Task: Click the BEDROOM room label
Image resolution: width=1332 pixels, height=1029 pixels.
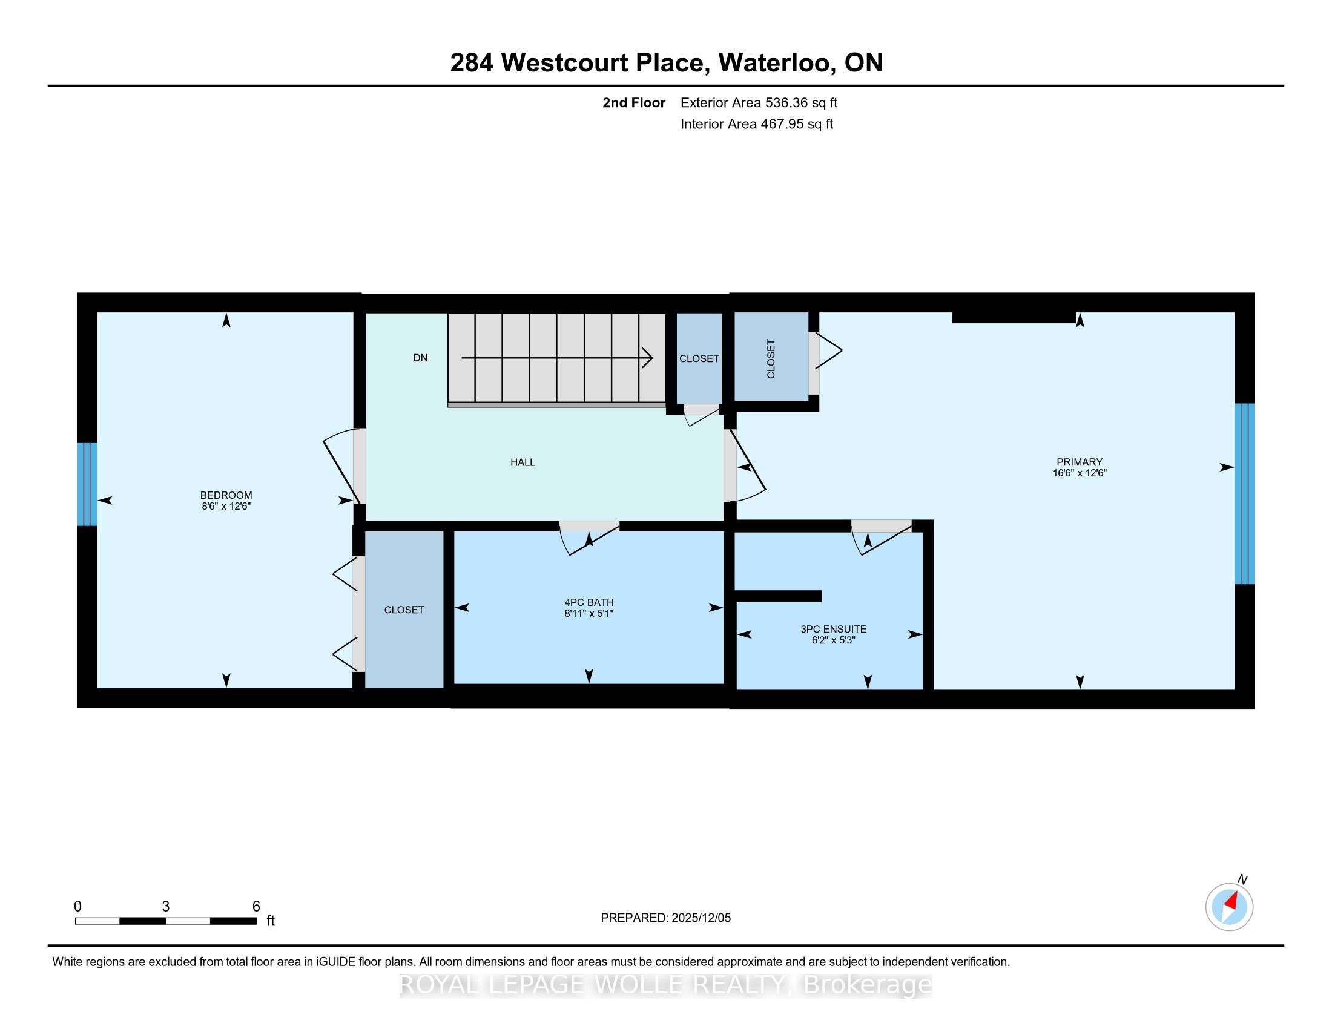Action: pos(226,495)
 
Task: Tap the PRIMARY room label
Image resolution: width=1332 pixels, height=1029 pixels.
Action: pos(1080,462)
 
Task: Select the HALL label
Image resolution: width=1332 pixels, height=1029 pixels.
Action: pos(523,462)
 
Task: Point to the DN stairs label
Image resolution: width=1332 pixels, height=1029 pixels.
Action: pos(420,358)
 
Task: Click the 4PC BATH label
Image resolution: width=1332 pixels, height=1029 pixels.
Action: pos(589,602)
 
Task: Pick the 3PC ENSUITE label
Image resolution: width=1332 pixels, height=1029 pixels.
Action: pos(833,629)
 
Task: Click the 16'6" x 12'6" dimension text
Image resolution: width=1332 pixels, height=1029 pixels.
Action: pos(1080,473)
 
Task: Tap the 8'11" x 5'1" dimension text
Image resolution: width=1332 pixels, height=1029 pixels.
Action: pos(589,613)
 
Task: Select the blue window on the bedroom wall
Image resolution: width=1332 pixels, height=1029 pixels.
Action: pos(87,484)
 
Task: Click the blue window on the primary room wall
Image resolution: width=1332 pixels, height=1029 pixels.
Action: pos(1244,494)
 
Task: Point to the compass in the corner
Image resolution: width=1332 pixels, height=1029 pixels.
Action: pos(1230,907)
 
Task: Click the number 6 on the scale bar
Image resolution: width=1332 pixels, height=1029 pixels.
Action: pos(256,906)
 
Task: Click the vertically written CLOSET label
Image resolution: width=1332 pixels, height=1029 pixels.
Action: pos(771,359)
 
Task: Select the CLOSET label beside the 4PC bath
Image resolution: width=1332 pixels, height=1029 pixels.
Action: pos(404,610)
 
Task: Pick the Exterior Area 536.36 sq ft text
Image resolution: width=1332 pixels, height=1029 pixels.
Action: pos(759,103)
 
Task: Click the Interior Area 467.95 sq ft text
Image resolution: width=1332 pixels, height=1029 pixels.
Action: pos(756,124)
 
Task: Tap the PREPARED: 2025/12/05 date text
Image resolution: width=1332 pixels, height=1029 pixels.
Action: pos(665,918)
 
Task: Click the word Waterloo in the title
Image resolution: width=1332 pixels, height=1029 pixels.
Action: pos(777,63)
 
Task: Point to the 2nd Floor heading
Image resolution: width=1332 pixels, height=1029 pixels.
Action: pos(634,103)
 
